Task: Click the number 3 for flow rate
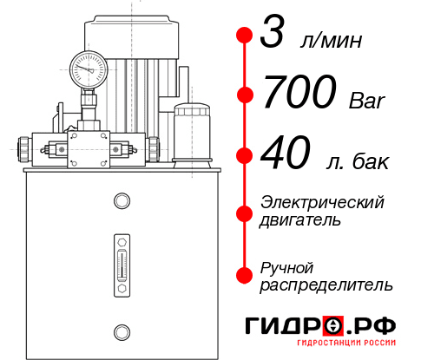pyautogui.click(x=274, y=36)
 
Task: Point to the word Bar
pyautogui.click(x=365, y=100)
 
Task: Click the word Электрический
pyautogui.click(x=322, y=202)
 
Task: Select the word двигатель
pyautogui.click(x=300, y=220)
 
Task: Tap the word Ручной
pyautogui.click(x=286, y=266)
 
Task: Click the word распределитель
pyautogui.click(x=326, y=285)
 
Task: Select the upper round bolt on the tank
pyautogui.click(x=121, y=202)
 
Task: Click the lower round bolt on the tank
pyautogui.click(x=121, y=330)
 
